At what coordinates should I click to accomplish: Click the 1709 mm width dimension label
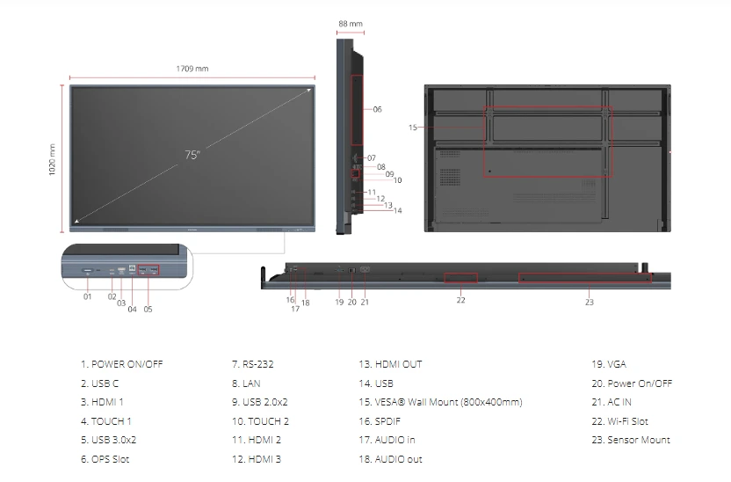(192, 69)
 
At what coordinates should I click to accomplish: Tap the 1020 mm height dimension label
(52, 159)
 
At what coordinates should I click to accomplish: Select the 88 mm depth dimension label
(351, 24)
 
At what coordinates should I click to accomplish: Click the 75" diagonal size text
(192, 155)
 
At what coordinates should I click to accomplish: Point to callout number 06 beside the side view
(377, 109)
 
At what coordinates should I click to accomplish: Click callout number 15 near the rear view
(413, 128)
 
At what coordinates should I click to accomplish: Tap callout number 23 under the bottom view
(590, 303)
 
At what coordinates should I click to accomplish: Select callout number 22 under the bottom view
(460, 300)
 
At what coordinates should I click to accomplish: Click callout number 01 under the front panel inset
(87, 296)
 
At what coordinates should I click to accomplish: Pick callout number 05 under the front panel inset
(148, 309)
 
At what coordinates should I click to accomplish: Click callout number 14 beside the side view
(398, 210)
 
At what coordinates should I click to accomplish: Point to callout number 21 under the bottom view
(365, 303)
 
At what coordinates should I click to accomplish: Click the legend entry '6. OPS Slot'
(105, 459)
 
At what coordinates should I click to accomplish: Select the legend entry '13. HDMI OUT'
(390, 364)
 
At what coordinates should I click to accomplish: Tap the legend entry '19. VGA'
(609, 364)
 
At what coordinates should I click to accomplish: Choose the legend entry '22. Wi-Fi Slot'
(619, 421)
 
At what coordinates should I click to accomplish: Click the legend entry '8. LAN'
(246, 383)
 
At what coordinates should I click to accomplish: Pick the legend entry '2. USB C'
(100, 383)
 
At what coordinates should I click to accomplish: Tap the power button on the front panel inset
(88, 271)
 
